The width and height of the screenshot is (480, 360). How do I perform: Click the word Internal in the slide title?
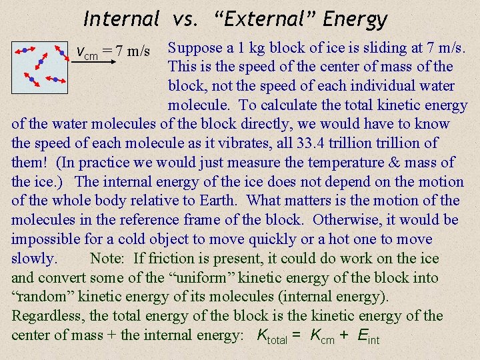tap(122, 19)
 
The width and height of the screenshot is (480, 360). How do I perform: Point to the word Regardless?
tap(47, 316)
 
